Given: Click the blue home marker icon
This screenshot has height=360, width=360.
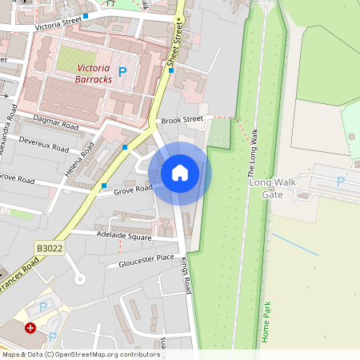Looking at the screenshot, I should point(180,173).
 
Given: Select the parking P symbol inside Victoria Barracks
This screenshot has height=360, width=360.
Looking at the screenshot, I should point(122,72).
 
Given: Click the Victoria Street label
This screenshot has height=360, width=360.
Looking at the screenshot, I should point(59,26).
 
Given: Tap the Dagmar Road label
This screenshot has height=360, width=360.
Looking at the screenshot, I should point(58,122).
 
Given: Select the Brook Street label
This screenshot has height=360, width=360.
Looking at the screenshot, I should point(182,120).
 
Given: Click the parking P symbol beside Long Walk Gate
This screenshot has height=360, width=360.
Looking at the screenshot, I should point(340,182).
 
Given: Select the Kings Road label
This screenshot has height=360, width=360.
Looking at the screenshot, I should point(185,274).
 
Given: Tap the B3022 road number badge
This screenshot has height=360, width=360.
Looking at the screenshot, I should point(49,249).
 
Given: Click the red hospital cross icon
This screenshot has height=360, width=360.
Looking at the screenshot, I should point(30,328).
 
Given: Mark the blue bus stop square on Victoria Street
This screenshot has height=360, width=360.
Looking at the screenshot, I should point(85,16).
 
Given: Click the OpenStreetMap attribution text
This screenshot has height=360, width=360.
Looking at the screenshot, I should point(80,354).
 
